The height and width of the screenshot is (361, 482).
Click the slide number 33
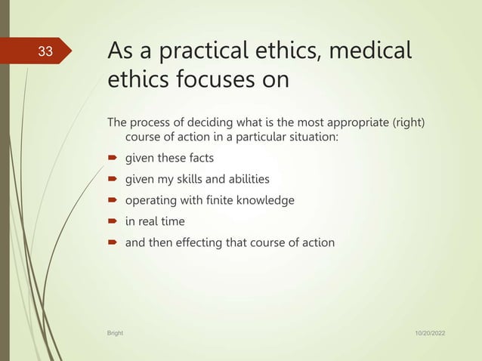[x=46, y=51]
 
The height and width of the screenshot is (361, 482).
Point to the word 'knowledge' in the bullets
[x=266, y=201]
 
